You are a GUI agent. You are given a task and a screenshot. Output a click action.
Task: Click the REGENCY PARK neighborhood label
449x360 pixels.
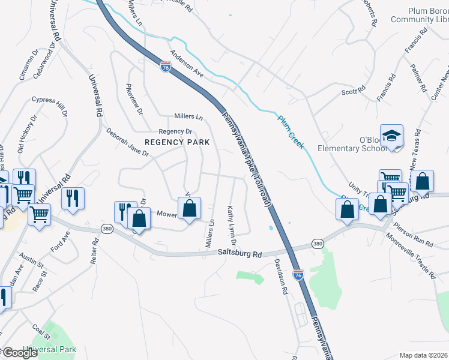[x=177, y=142]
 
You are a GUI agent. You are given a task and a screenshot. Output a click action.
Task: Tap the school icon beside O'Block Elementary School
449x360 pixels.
[x=391, y=136]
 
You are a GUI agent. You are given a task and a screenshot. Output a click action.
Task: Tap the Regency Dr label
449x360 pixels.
[x=174, y=131]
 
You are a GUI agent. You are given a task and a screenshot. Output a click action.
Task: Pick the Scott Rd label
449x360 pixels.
[x=354, y=91]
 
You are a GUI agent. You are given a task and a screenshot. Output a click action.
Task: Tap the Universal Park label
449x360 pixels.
[x=50, y=349]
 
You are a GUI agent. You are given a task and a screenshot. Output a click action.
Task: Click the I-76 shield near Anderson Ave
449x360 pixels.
[x=166, y=67]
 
